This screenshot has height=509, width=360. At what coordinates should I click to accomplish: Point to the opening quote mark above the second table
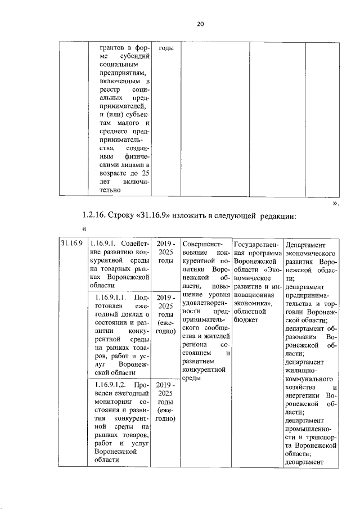click(85, 229)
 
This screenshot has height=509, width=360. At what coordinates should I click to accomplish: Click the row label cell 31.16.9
click(73, 244)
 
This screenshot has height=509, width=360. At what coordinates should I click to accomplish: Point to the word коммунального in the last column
click(310, 379)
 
